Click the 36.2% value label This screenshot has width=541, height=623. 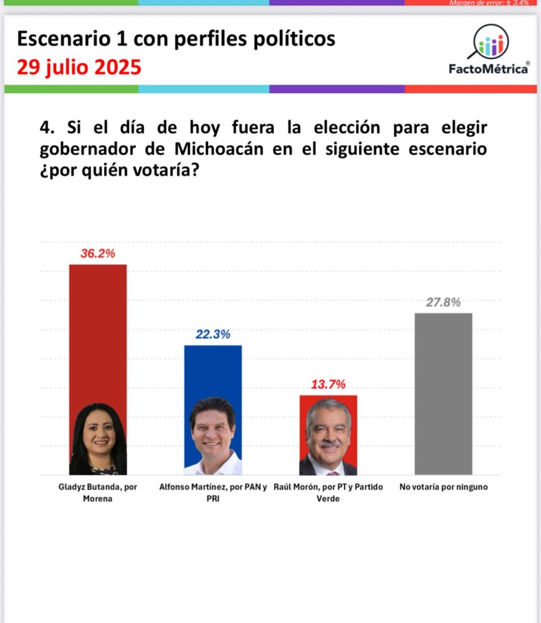(x=97, y=254)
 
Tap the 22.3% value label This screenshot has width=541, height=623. (x=213, y=334)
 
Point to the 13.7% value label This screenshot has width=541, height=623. (x=329, y=385)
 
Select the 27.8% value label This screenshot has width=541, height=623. (x=443, y=302)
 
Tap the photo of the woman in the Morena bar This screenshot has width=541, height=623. (x=98, y=439)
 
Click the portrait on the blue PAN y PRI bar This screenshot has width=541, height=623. (x=213, y=436)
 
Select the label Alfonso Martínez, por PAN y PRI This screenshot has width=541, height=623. (x=213, y=493)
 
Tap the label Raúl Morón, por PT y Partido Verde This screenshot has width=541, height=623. (x=328, y=493)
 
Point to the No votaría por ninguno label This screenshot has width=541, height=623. (x=443, y=487)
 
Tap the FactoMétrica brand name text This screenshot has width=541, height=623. (x=489, y=69)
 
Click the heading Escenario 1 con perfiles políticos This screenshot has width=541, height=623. (x=176, y=39)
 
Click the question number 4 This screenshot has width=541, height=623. (x=46, y=128)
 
